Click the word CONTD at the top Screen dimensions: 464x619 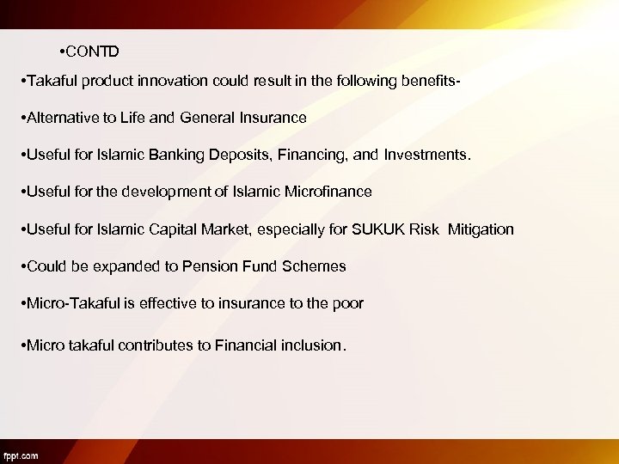pyautogui.click(x=94, y=52)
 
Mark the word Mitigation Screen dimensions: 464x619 pyautogui.click(x=480, y=229)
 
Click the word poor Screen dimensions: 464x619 pyautogui.click(x=346, y=302)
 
